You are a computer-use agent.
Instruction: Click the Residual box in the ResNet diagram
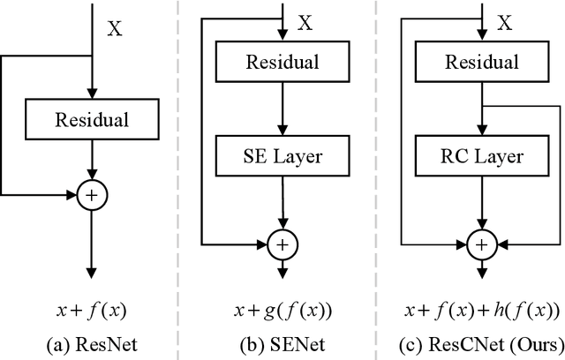(x=91, y=117)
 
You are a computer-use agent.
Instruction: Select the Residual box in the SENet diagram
(x=282, y=64)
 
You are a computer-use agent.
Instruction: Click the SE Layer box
(x=282, y=158)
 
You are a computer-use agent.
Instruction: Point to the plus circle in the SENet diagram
(x=282, y=241)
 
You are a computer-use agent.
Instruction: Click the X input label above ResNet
(x=116, y=28)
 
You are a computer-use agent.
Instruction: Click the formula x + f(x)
(x=91, y=311)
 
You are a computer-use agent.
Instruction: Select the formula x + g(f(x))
(x=282, y=311)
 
